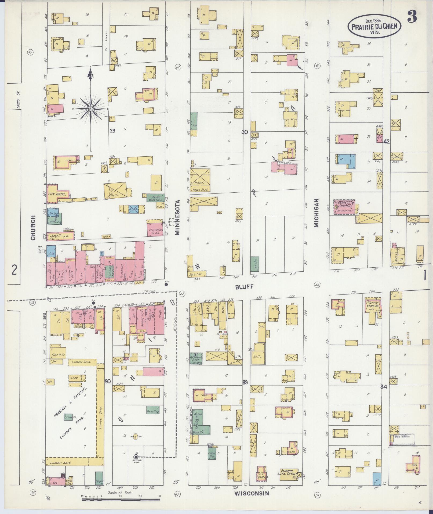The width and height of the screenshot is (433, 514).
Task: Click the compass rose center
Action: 90,109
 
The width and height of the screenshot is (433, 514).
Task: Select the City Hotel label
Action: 55,194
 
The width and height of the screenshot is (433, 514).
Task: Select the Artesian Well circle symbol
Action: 136,457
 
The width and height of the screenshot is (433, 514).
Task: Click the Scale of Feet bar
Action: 121,499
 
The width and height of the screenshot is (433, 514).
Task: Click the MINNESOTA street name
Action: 177,217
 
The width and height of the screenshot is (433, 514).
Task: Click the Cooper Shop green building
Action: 212,454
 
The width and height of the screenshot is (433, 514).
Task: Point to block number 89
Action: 245,382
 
